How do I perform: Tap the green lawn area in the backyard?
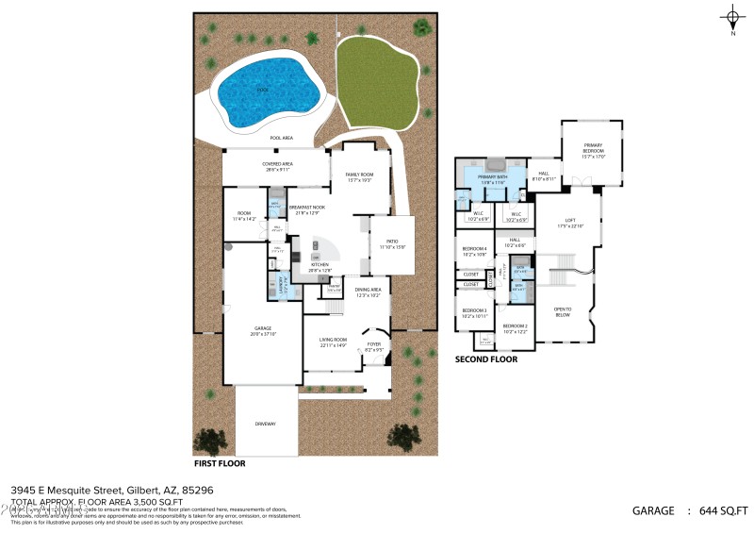(x=374, y=79)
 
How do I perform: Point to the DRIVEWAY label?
(x=265, y=424)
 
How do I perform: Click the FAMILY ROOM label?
(x=359, y=175)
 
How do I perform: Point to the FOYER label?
(x=374, y=344)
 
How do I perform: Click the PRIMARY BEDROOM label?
(x=593, y=147)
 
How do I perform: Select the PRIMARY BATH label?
(x=493, y=177)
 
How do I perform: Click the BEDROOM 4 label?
(x=474, y=250)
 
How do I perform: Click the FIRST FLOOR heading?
(x=220, y=464)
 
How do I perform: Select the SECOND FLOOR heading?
(x=486, y=359)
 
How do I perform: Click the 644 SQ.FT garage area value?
(x=723, y=509)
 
